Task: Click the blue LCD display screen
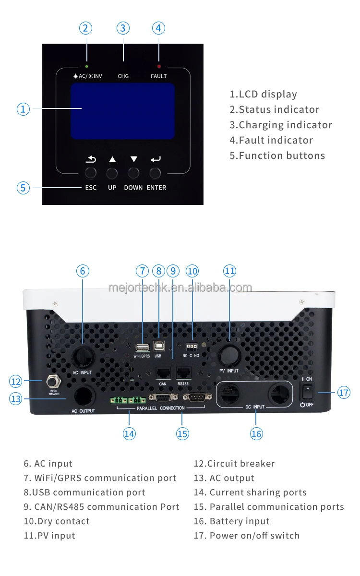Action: [122, 111]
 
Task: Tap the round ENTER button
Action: [155, 173]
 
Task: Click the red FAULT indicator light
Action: [159, 66]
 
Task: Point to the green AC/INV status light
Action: [86, 66]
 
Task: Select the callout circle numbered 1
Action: [23, 109]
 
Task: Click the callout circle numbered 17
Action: [344, 393]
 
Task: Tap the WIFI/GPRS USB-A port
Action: [142, 348]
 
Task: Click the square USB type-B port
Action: [158, 347]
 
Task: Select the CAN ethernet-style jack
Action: [162, 373]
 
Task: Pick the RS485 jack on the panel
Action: [183, 373]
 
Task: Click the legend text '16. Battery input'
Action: [232, 521]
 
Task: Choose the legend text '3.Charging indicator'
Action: [281, 125]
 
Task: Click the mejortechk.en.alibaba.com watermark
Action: [180, 288]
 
